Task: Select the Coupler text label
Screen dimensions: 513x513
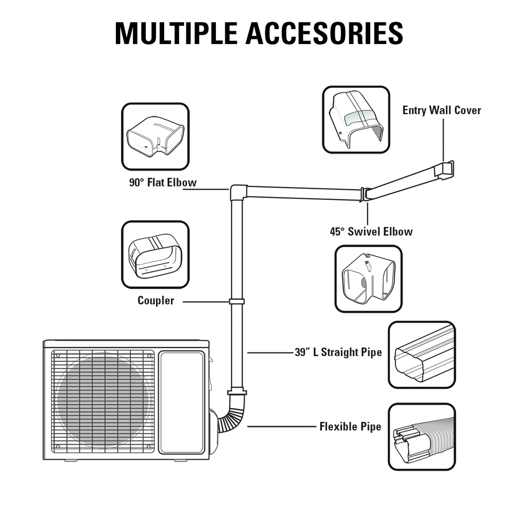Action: coord(155,301)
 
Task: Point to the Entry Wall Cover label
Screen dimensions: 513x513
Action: coord(442,110)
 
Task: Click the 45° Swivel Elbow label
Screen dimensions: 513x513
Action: coord(371,231)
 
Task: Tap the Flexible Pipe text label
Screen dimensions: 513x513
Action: coord(350,426)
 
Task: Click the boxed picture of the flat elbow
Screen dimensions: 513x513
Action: coord(155,137)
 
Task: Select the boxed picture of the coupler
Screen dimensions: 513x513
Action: coord(155,255)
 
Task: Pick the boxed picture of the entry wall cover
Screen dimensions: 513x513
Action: coord(356,120)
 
